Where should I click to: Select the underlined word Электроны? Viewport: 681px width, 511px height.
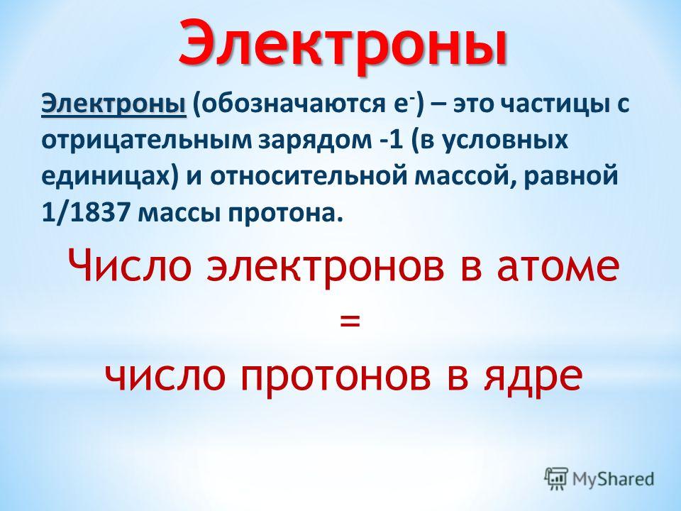[x=113, y=105]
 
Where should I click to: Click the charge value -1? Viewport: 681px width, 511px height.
[x=388, y=141]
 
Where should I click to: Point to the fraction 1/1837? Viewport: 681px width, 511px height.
[x=87, y=213]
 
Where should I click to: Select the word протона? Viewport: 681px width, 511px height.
[x=282, y=214]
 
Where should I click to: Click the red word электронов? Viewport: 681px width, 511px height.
[x=326, y=265]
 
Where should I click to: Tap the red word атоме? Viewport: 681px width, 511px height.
[x=558, y=265]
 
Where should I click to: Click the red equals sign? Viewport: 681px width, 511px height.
[x=350, y=321]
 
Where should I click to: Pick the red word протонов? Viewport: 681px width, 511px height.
[x=336, y=377]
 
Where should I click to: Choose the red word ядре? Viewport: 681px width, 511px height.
[x=532, y=377]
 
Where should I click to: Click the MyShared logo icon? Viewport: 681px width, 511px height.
[x=556, y=479]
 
